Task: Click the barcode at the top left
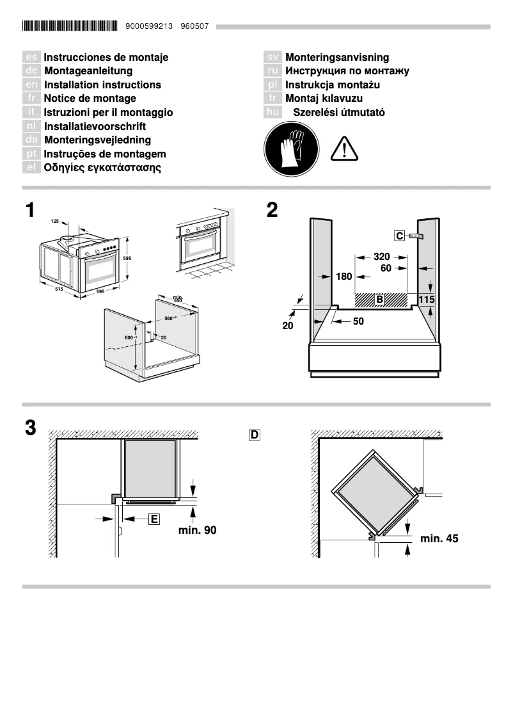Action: [x=70, y=26]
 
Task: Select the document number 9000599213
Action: [x=150, y=26]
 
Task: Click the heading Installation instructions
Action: [x=102, y=85]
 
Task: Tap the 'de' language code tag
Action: [x=31, y=71]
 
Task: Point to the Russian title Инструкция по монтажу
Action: [x=347, y=71]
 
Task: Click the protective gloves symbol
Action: [x=291, y=150]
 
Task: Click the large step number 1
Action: [x=30, y=210]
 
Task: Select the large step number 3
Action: [x=30, y=428]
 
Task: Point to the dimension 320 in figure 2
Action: [x=382, y=257]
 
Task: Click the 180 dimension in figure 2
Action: [x=344, y=277]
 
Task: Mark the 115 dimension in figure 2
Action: [x=427, y=299]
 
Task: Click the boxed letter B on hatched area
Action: [x=379, y=300]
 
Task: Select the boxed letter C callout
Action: [x=399, y=237]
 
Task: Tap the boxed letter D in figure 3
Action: [x=254, y=435]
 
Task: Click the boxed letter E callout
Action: [x=154, y=519]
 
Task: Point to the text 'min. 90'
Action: [x=198, y=530]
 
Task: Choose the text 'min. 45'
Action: [x=439, y=538]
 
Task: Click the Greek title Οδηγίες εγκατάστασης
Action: [x=102, y=168]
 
